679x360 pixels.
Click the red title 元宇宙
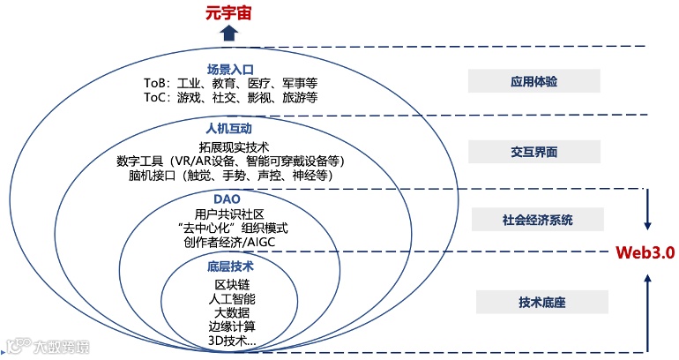pos(230,12)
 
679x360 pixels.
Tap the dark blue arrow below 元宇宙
pos(230,34)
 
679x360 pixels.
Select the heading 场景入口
pos(230,69)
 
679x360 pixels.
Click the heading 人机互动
pos(229,130)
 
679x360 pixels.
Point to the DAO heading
pos(229,199)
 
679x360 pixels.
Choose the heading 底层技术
pos(231,266)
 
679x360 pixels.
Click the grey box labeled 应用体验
pos(534,81)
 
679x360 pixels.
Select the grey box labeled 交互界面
pos(534,151)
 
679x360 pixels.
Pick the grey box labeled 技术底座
pos(541,303)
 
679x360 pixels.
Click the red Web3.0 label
pos(645,252)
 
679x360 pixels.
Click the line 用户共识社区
pos(231,214)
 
